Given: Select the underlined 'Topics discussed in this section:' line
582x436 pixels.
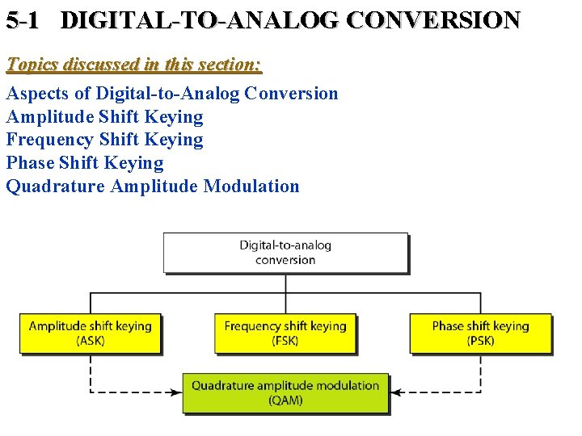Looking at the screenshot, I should tap(134, 64).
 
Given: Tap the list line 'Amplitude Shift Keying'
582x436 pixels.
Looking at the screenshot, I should tap(104, 117).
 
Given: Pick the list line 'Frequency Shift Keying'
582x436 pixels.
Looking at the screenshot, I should tap(104, 140).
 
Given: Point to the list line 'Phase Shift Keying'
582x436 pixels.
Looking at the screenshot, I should tap(85, 163).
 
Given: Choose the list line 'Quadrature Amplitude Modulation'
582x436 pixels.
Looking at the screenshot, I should tap(153, 187).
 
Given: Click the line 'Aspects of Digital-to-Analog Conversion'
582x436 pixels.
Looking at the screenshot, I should tap(172, 94).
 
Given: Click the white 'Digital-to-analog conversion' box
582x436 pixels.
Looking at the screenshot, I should tap(285, 252).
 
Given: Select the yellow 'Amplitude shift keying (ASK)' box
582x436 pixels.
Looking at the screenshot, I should tap(90, 333).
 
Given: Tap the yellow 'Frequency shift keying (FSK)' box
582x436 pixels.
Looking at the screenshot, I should tap(285, 333).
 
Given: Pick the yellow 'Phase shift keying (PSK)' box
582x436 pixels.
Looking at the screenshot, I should tap(480, 333).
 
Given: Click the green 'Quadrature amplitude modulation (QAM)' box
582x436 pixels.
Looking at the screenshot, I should tap(285, 392).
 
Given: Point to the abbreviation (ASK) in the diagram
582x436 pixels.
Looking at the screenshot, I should tap(91, 341).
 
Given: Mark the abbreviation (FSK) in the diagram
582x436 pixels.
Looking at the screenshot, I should tap(285, 341).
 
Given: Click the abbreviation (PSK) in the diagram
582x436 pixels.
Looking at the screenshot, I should tap(480, 341).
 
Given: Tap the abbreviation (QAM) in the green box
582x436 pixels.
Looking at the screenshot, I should tap(285, 400).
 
